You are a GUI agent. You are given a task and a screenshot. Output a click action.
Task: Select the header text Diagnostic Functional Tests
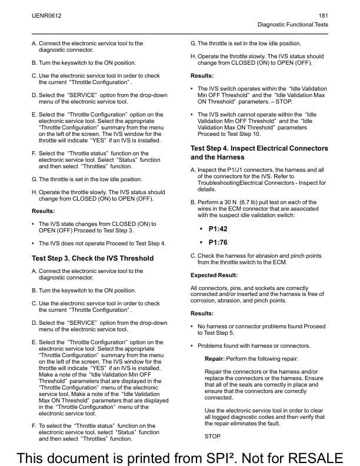coord(293,25)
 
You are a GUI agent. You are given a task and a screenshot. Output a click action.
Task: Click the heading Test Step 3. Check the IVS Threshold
coord(92,258)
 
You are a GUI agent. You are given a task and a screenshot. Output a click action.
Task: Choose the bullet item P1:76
coord(218,242)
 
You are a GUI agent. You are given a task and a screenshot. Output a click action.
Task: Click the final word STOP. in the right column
coord(213,436)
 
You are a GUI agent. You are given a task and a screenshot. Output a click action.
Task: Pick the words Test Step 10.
coord(242,133)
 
